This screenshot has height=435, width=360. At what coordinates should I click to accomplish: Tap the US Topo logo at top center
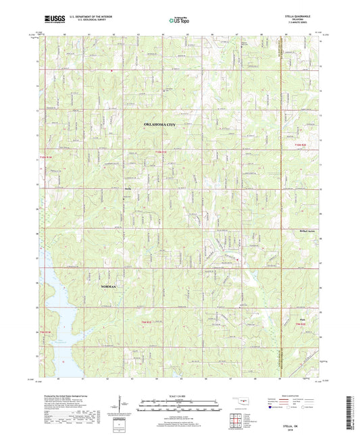click(x=180, y=21)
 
